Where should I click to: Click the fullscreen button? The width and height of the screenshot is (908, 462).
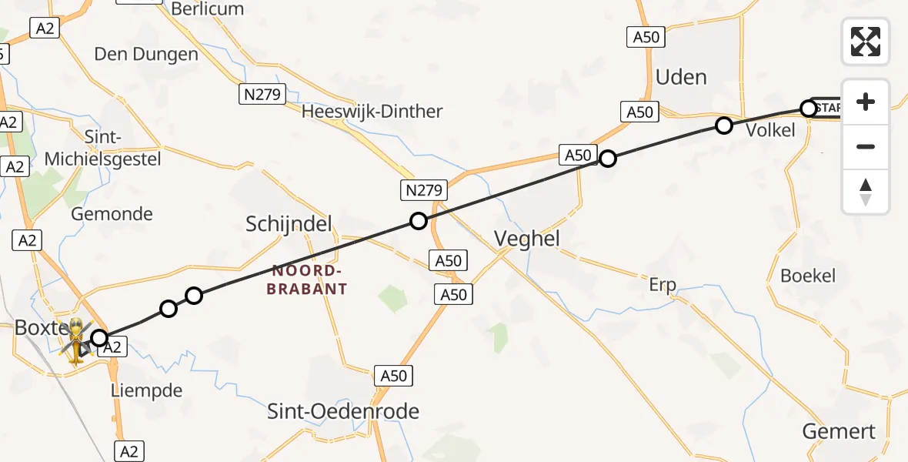coord(866,42)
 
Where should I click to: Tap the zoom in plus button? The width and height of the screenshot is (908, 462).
coord(866,102)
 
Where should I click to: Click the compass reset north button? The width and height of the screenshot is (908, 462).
coord(866,192)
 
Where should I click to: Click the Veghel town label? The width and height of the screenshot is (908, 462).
coord(527,239)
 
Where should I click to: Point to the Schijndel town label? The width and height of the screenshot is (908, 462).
coord(289,224)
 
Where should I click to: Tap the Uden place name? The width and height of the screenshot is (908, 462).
coord(681,77)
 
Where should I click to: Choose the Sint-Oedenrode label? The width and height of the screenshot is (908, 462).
coord(343,411)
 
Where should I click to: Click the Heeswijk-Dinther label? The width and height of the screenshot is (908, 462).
coord(372,112)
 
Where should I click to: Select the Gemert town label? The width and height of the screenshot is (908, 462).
coord(839,431)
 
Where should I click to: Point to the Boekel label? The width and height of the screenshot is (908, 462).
coord(807,276)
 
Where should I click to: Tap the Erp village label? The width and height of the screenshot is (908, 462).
coord(662,286)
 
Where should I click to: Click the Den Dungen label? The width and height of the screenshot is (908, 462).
coord(146,54)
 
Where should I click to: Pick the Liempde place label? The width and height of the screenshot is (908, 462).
coord(147,390)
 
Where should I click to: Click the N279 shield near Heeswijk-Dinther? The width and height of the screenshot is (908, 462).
coord(262,95)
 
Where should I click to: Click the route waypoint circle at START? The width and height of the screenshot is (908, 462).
coord(809,109)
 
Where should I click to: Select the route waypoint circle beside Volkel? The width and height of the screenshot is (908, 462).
coord(724,125)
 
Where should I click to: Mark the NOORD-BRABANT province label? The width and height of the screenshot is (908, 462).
coord(309,280)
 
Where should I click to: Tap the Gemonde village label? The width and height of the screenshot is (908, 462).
coord(112,214)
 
